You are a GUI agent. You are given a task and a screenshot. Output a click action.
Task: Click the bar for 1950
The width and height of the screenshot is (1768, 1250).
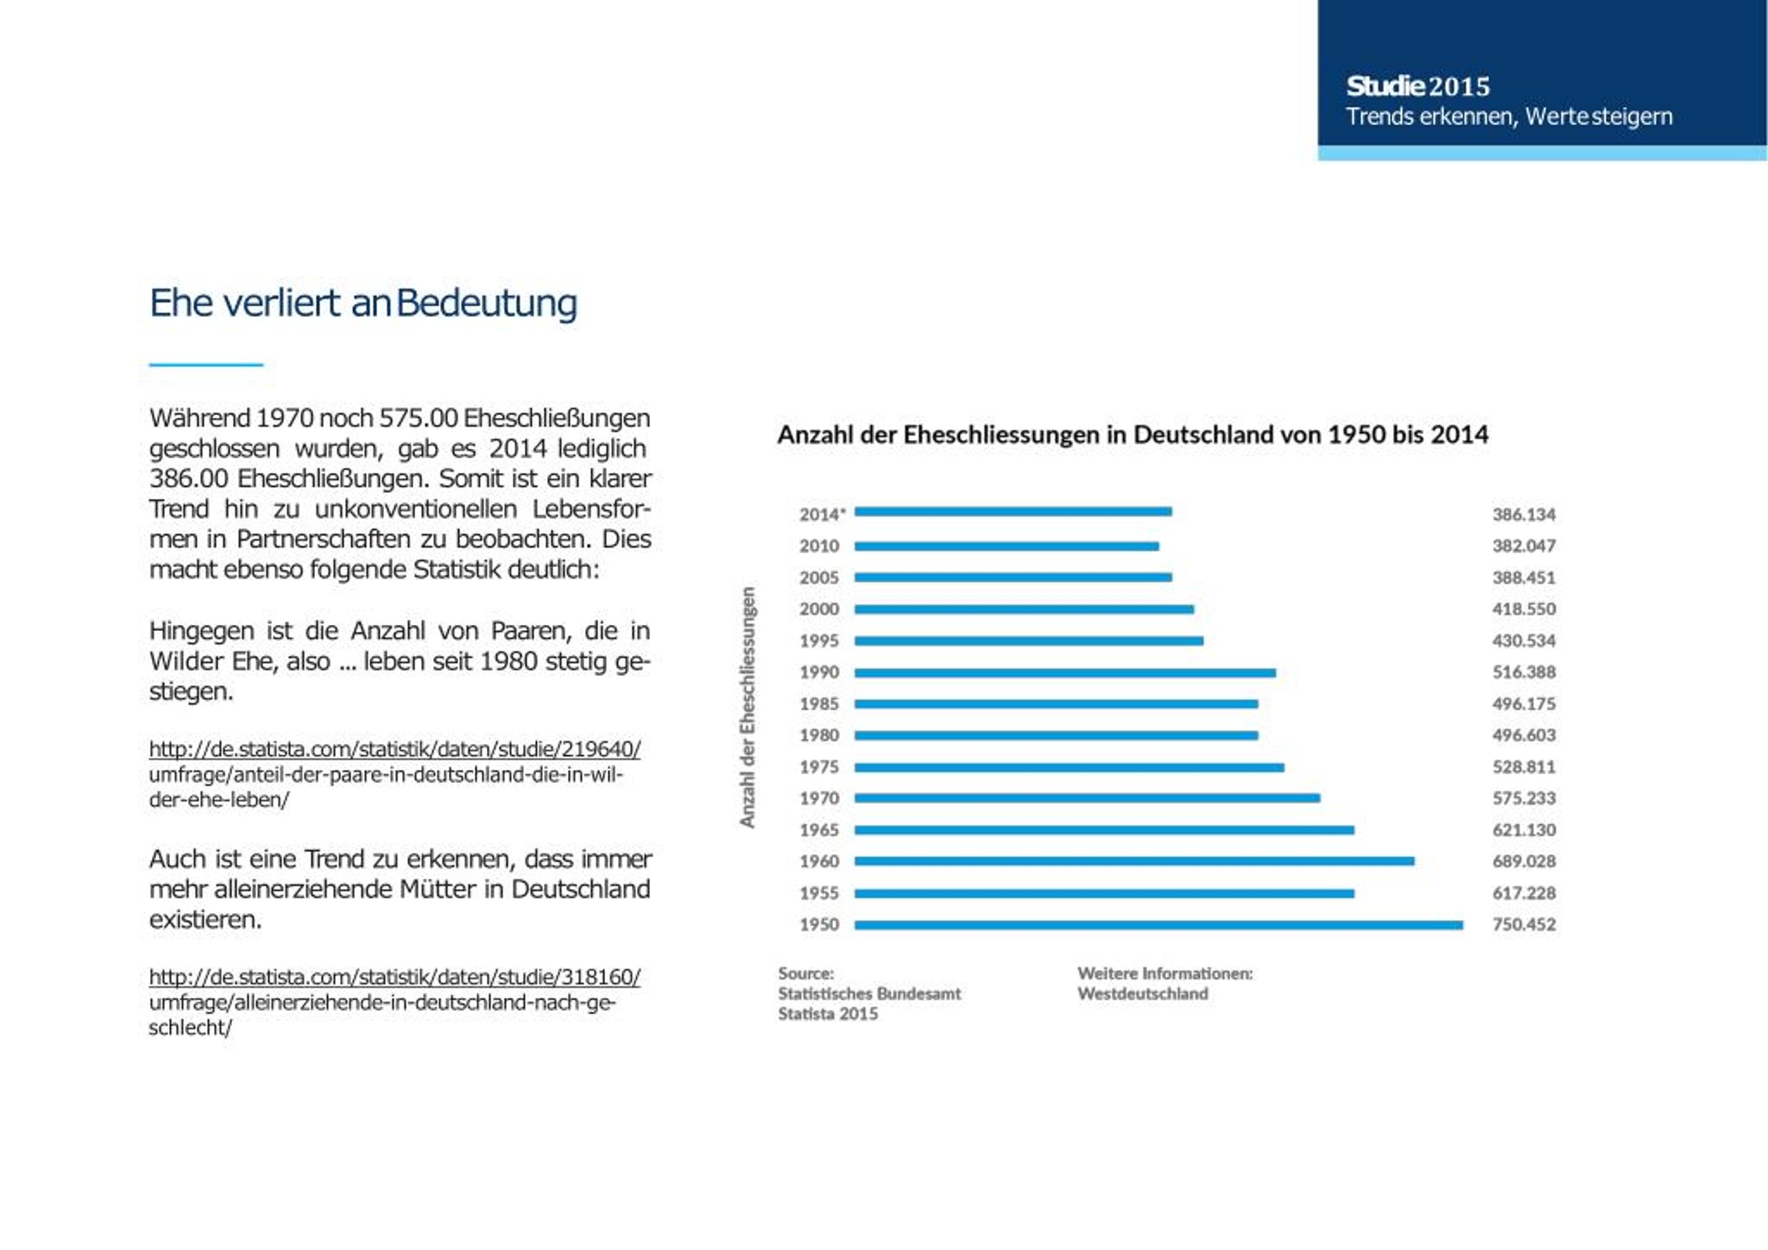(1159, 925)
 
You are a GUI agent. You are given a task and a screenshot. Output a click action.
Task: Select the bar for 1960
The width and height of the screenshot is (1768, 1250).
(1134, 861)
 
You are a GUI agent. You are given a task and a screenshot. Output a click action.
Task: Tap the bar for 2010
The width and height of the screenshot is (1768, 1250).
(1006, 546)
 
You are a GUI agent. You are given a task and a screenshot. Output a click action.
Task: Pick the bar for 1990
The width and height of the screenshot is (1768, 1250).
(1065, 673)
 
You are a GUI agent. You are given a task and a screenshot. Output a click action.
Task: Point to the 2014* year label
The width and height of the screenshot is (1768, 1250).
(823, 515)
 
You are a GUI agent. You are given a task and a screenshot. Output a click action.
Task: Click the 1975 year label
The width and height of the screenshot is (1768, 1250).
(818, 767)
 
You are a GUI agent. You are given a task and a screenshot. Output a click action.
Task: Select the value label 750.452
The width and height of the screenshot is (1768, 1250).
(1524, 924)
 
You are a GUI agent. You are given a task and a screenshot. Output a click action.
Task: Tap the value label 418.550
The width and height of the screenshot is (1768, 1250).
(1524, 609)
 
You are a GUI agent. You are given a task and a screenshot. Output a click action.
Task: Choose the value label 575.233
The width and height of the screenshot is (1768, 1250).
(1524, 798)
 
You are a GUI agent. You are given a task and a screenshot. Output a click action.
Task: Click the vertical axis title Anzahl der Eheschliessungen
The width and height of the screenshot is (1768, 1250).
(747, 707)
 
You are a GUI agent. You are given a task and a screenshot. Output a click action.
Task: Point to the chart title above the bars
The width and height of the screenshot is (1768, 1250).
(1133, 435)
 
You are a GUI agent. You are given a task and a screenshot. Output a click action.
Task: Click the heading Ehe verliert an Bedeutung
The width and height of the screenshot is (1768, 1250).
(363, 303)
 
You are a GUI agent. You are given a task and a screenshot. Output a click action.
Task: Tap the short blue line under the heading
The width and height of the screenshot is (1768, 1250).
(206, 364)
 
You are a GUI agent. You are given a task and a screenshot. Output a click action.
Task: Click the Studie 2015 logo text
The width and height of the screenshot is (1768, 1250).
(1418, 86)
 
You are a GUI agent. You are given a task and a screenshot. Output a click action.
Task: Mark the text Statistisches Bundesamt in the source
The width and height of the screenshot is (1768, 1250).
(869, 994)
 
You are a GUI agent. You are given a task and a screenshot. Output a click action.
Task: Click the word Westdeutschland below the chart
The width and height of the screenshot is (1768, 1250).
(1143, 994)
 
